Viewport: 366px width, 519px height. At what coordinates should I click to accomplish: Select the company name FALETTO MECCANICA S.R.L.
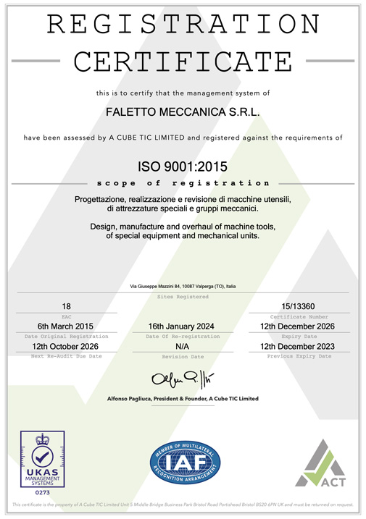pyautogui.click(x=183, y=112)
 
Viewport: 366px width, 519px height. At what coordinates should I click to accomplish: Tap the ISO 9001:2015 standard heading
pyautogui.click(x=183, y=166)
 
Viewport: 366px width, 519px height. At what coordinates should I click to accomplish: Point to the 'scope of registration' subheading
pyautogui.click(x=183, y=183)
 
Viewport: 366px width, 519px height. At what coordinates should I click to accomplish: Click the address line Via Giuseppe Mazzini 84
pyautogui.click(x=183, y=287)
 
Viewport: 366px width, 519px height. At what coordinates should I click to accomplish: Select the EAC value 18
pyautogui.click(x=67, y=306)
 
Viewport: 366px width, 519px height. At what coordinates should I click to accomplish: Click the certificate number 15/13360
pyautogui.click(x=299, y=306)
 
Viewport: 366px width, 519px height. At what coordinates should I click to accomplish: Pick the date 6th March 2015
pyautogui.click(x=67, y=326)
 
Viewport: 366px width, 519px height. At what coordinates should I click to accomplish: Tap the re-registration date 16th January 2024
pyautogui.click(x=183, y=326)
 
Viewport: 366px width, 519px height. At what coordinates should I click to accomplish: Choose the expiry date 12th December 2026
pyautogui.click(x=299, y=326)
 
